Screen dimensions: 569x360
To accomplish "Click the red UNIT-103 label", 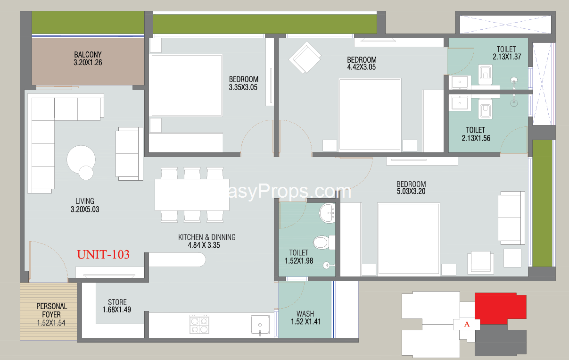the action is (x=103, y=254).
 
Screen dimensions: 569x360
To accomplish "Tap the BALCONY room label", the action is (x=88, y=55).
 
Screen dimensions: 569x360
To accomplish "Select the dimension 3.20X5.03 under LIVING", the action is (x=85, y=209).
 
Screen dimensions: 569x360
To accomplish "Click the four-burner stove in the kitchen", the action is (x=199, y=324).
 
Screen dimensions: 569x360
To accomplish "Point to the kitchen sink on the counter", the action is (x=260, y=325).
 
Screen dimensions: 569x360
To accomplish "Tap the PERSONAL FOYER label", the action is (x=51, y=310).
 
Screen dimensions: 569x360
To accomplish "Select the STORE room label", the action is (x=117, y=302).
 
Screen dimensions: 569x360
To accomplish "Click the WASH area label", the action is (x=305, y=314).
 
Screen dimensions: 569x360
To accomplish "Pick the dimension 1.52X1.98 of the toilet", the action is (x=299, y=261).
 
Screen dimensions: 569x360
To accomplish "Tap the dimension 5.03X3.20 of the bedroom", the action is (x=411, y=192).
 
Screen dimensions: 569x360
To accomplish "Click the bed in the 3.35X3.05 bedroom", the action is (x=187, y=85).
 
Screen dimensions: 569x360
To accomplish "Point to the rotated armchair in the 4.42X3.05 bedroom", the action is (x=305, y=58).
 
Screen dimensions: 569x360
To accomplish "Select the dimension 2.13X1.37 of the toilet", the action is (x=507, y=57).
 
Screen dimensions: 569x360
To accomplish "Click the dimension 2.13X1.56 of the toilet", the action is (x=476, y=138).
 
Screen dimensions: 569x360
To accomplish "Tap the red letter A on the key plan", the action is (x=467, y=324).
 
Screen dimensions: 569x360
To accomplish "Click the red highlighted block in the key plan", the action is (x=500, y=309).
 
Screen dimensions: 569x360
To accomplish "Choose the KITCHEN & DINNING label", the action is (x=207, y=237).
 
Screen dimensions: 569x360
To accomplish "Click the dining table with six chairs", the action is (x=192, y=195).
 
